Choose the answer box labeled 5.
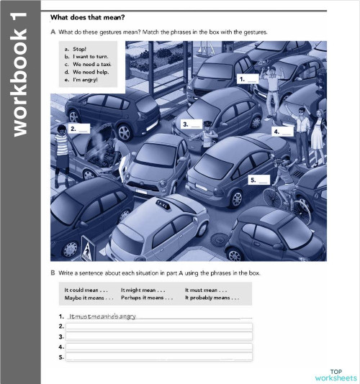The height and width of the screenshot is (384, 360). click(x=258, y=180)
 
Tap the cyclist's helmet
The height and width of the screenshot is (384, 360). click(x=281, y=161)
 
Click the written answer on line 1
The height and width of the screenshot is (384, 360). click(x=102, y=316)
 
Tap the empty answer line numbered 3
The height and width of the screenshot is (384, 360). click(x=158, y=337)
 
